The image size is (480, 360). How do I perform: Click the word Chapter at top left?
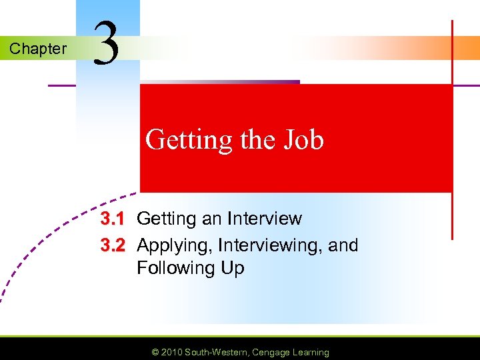tap(38, 49)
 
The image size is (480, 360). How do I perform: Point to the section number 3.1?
tap(113, 219)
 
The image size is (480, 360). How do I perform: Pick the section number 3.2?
tap(113, 245)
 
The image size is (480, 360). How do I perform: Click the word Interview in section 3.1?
tap(264, 219)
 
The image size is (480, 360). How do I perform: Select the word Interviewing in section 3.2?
tap(264, 246)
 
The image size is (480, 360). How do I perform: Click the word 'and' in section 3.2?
tap(343, 245)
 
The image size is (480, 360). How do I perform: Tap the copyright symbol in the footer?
tap(156, 352)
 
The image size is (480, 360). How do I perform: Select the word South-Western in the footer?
tap(215, 352)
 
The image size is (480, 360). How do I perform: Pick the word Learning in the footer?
tap(310, 352)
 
